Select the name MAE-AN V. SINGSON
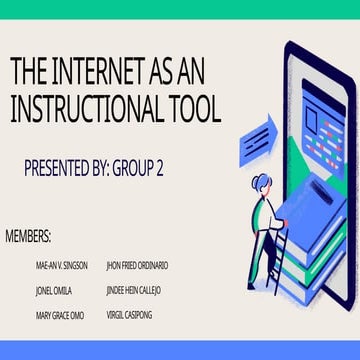click(61, 266)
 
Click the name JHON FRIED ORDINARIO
click(136, 266)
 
